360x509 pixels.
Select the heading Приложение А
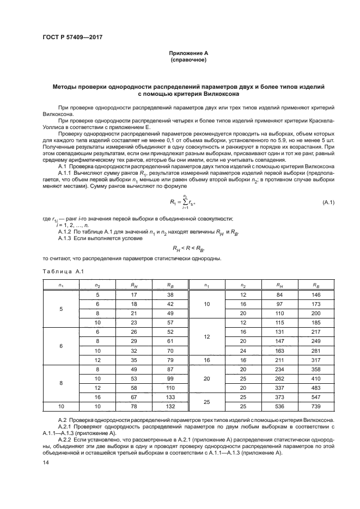[x=187, y=53]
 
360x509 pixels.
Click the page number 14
[x=46, y=462]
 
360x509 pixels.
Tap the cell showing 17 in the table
[x=133, y=295]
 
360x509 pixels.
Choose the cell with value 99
[x=170, y=378]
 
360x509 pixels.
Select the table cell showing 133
[x=170, y=396]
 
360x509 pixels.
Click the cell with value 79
[x=170, y=359]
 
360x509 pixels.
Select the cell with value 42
[x=170, y=304]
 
